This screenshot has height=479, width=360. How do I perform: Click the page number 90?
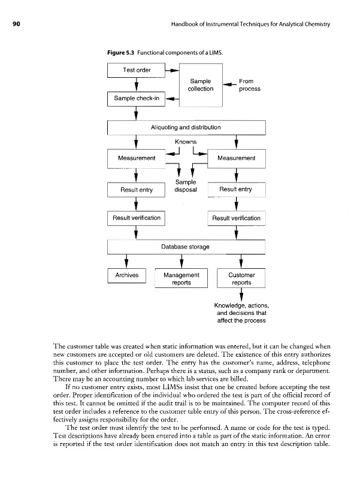(x=10, y=23)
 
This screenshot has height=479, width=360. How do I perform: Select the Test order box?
(x=137, y=70)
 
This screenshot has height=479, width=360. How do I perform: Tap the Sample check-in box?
(x=137, y=99)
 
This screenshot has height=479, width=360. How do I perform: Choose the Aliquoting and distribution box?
(x=186, y=128)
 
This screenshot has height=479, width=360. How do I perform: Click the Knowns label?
(x=186, y=142)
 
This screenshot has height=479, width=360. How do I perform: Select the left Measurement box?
(x=137, y=158)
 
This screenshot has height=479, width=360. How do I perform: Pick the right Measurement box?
(x=236, y=158)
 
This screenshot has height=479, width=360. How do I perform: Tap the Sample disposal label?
(x=186, y=187)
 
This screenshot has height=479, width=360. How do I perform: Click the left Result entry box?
(x=137, y=190)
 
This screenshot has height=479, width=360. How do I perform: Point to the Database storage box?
(x=186, y=246)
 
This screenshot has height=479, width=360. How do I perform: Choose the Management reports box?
(x=181, y=278)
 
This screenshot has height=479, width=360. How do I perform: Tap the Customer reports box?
(x=241, y=278)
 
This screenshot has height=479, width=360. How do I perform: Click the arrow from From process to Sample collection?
(x=228, y=85)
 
